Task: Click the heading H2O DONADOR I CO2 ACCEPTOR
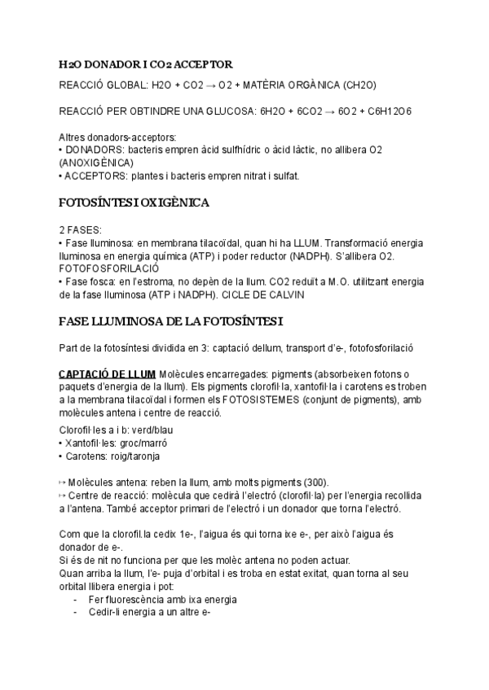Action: pyautogui.click(x=146, y=64)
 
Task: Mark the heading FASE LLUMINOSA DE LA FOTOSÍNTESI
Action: pyautogui.click(x=160, y=321)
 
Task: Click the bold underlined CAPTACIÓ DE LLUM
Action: pyautogui.click(x=108, y=373)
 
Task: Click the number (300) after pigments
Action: pyautogui.click(x=318, y=483)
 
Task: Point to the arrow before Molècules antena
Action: pyautogui.click(x=63, y=483)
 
